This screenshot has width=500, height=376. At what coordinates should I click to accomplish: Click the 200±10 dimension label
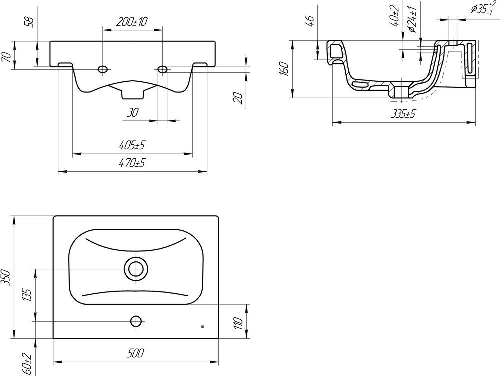tap(132, 22)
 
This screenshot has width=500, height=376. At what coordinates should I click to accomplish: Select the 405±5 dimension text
tap(132, 145)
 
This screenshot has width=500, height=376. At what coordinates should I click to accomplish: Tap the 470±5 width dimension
tap(132, 163)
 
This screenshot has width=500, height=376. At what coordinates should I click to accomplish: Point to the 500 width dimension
tap(136, 353)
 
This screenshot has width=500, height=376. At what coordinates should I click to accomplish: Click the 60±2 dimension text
tap(27, 364)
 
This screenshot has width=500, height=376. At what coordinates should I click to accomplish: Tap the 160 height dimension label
tap(285, 69)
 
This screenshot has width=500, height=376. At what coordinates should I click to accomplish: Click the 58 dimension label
tap(30, 21)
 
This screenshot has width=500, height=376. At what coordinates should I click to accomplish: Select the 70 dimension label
tap(7, 57)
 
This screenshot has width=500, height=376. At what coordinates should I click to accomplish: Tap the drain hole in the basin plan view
tap(137, 268)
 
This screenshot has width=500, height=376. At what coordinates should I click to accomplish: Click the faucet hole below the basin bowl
tap(136, 321)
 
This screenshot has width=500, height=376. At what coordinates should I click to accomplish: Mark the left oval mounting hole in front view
tap(103, 69)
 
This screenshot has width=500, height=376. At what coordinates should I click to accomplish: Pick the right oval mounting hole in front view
tap(163, 69)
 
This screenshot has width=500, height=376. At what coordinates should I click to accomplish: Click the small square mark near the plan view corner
tap(202, 326)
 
